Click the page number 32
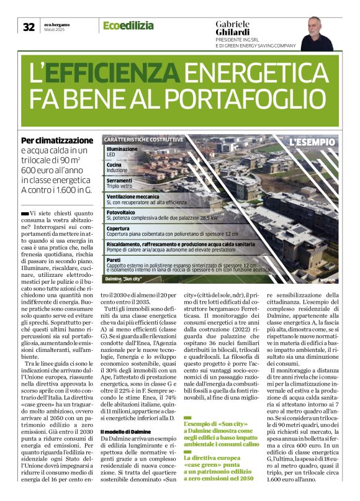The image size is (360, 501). click(29, 27)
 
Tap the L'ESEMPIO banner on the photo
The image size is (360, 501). click(312, 142)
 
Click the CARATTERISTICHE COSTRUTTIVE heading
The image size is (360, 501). click(143, 140)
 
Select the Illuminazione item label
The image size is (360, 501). click(122, 149)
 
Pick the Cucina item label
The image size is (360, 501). click(114, 165)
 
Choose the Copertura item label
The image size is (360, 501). click(118, 228)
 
